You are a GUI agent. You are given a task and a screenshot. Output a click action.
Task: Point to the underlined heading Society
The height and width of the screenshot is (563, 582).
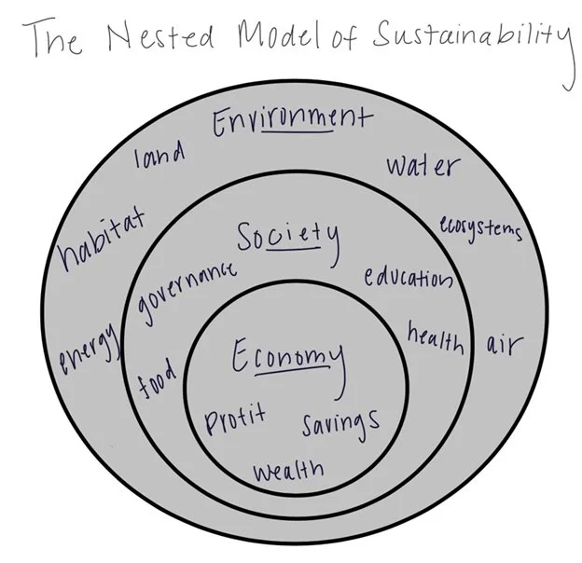(286, 240)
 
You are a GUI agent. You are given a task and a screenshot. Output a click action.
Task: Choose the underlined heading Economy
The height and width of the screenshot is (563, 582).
(287, 358)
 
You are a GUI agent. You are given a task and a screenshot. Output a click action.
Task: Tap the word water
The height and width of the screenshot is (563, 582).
(423, 166)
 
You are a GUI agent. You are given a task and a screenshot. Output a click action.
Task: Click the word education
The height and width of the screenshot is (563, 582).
(408, 277)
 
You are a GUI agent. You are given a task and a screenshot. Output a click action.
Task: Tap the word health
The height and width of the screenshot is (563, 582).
(435, 338)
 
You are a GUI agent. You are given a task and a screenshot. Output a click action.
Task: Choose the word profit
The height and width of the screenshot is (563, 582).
(236, 417)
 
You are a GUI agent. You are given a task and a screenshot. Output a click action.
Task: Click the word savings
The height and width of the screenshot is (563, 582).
(340, 422)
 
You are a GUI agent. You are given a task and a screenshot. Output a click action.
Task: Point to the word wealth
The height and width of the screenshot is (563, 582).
(288, 469)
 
